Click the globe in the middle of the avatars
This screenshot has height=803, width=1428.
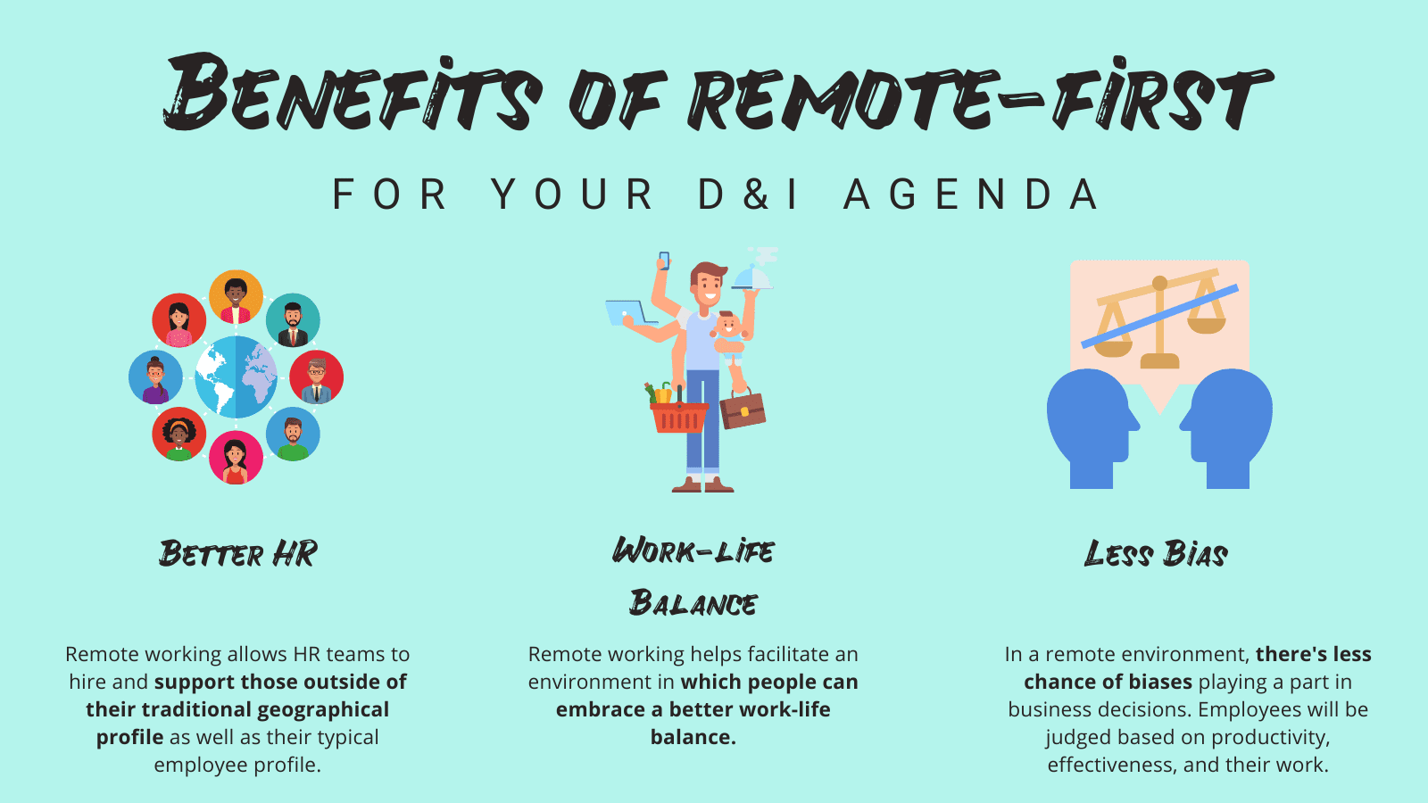point(236,377)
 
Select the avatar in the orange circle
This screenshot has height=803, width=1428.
point(236,297)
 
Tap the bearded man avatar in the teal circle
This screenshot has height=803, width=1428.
point(293,320)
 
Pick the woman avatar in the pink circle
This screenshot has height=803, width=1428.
point(236,457)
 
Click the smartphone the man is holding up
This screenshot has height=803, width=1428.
point(664,261)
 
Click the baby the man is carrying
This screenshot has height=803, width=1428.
point(730,336)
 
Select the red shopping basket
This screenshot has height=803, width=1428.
point(678,415)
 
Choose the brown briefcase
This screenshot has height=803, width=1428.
point(743,410)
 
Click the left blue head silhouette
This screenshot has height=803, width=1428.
point(1091,426)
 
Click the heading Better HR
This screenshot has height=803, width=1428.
point(238,554)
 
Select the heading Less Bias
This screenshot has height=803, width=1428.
point(1156,554)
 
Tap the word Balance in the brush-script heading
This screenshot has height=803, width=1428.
point(693,604)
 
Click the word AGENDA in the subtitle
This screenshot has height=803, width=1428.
point(972,195)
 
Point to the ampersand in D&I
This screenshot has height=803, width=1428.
point(757,195)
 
